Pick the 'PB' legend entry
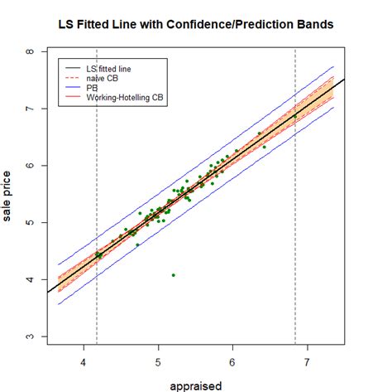point(92,87)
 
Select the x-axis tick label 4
point(84,363)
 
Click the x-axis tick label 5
point(158,363)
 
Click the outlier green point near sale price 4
point(173,275)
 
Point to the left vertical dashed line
point(97,207)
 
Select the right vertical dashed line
point(295,207)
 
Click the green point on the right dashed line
point(295,117)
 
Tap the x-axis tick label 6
point(232,363)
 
